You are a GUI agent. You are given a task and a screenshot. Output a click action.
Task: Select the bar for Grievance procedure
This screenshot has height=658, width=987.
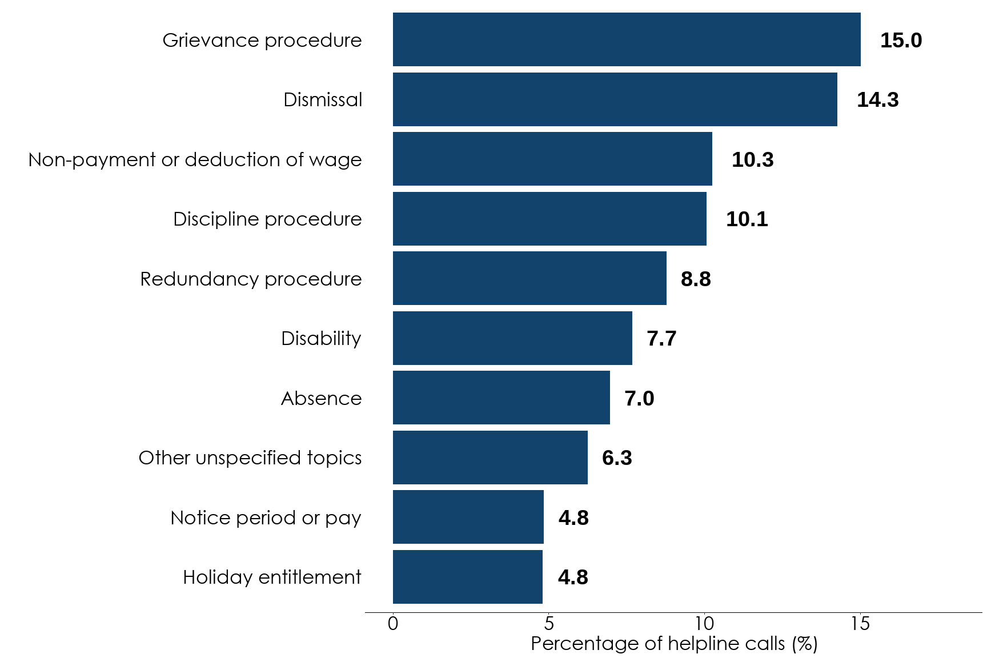(627, 39)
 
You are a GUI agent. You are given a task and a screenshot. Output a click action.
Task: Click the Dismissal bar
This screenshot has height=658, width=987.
(615, 99)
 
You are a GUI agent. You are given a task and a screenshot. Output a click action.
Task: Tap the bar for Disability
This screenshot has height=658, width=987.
(512, 338)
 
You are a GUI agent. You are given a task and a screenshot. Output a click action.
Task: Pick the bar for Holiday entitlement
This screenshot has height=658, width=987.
(467, 577)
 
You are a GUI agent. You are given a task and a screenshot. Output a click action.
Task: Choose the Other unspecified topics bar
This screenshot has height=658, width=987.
(490, 458)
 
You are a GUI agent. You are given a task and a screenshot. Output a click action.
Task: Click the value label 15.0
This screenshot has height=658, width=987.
(901, 41)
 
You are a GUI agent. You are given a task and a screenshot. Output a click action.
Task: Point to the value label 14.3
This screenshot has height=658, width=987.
(877, 100)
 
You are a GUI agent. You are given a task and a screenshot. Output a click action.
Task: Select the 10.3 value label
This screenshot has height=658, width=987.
(752, 160)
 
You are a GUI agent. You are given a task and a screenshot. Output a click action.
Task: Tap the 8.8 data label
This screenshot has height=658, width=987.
(696, 279)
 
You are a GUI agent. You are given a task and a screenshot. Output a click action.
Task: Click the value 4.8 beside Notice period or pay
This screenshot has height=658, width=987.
(573, 518)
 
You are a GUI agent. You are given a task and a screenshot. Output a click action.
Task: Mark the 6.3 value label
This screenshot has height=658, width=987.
(617, 458)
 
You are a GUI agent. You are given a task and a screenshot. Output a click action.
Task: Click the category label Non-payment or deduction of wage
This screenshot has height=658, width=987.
(195, 160)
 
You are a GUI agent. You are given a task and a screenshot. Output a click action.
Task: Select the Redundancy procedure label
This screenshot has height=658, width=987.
(251, 279)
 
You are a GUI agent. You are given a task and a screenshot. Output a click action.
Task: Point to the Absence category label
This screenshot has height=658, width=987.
(321, 399)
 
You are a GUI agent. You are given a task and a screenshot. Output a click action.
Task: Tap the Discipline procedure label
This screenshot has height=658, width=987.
(267, 219)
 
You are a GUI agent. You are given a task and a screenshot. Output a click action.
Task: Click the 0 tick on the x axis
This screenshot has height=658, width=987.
(393, 624)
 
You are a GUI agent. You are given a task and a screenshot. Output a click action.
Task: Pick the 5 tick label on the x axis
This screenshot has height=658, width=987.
(548, 624)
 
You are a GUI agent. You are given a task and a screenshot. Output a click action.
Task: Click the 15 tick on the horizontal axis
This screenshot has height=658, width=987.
(860, 624)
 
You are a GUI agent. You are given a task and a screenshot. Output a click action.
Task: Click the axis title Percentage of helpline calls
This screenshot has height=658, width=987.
(674, 644)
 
